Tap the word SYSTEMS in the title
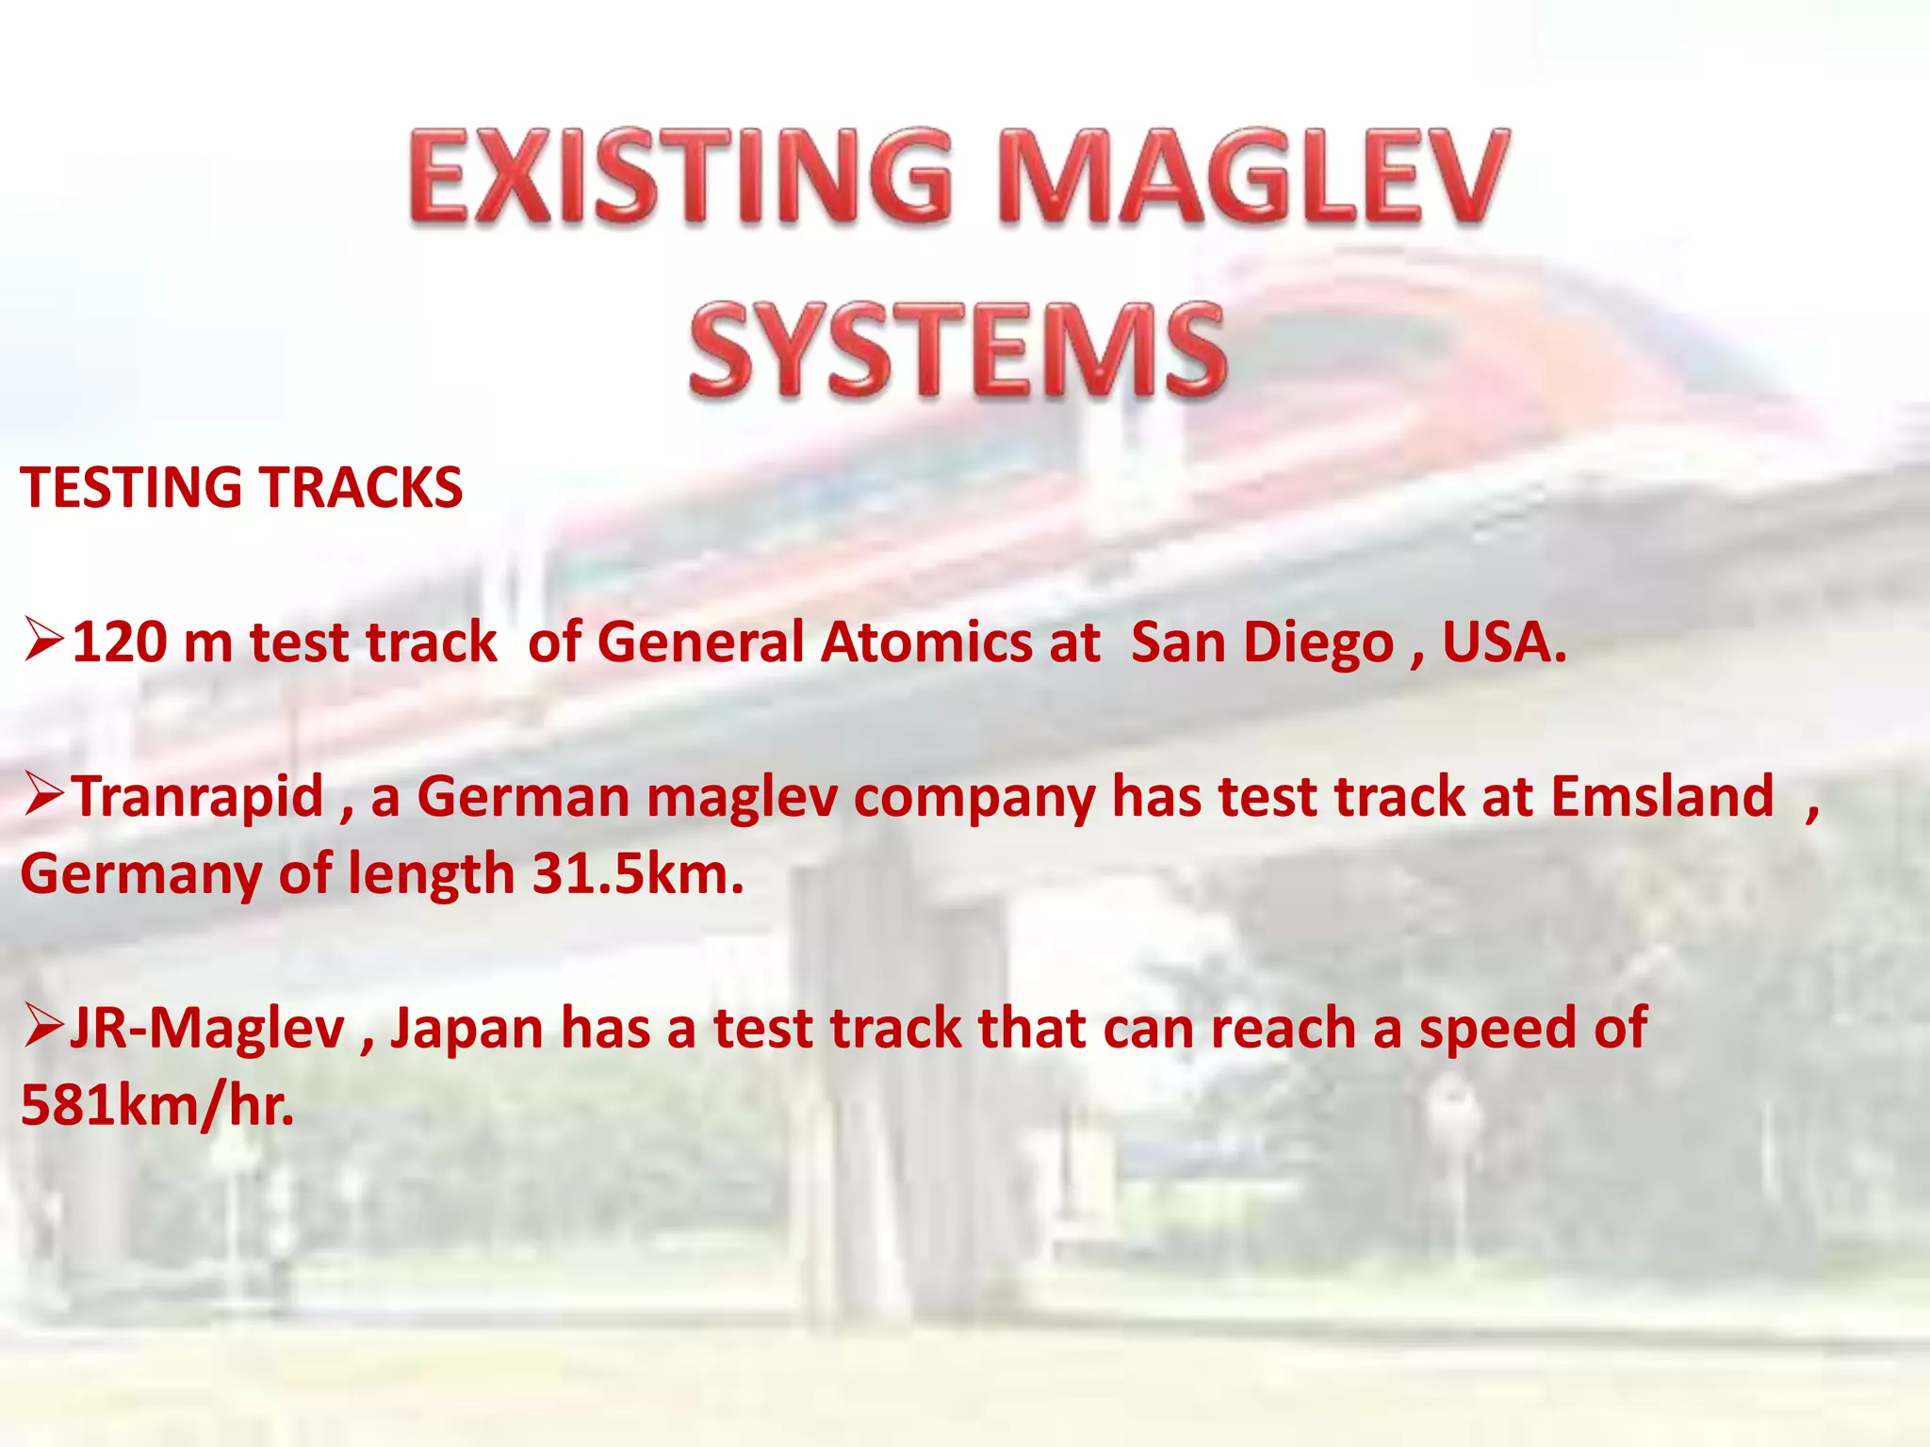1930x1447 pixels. (956, 350)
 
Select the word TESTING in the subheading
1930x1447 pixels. (132, 488)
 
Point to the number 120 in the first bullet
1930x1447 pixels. (119, 643)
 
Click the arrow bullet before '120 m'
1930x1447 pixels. (43, 641)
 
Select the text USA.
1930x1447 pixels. (1504, 643)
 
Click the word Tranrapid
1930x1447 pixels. (199, 797)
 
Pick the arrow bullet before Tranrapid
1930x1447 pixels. (43, 795)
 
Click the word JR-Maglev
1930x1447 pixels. (207, 1029)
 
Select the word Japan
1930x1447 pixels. (466, 1029)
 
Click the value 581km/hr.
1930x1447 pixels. (156, 1106)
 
